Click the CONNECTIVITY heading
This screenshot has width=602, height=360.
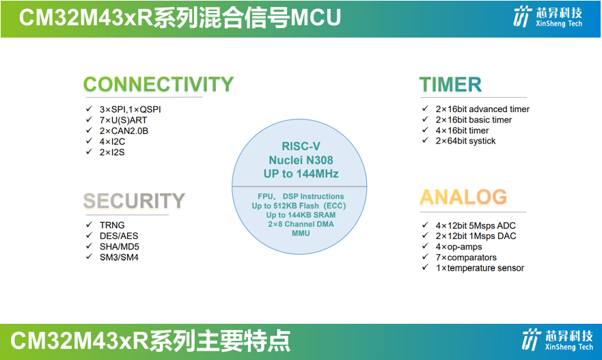click(x=158, y=85)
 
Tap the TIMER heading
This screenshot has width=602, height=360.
click(x=450, y=85)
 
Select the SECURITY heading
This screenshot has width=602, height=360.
click(x=134, y=201)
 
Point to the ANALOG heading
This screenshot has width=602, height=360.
click(x=463, y=197)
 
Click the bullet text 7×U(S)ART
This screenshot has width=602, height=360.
click(x=123, y=120)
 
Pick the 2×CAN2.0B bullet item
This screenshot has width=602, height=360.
click(x=124, y=131)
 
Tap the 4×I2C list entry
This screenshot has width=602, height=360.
click(x=112, y=141)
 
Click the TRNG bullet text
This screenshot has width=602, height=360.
click(x=112, y=225)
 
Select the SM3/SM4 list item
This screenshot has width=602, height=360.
click(x=119, y=257)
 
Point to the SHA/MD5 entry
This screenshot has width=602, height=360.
click(x=120, y=247)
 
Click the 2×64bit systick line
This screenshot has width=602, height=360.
click(x=465, y=141)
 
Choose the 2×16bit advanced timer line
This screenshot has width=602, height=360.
click(x=482, y=109)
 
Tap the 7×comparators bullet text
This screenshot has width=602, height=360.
click(x=466, y=257)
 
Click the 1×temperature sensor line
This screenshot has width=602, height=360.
click(x=480, y=268)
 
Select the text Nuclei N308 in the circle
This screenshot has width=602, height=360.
click(x=301, y=160)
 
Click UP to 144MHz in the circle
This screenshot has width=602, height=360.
click(x=301, y=174)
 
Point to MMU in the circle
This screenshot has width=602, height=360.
click(x=301, y=234)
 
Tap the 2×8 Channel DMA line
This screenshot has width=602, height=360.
click(x=301, y=224)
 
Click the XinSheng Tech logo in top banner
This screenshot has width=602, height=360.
click(x=548, y=17)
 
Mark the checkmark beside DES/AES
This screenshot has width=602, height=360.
click(x=89, y=235)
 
